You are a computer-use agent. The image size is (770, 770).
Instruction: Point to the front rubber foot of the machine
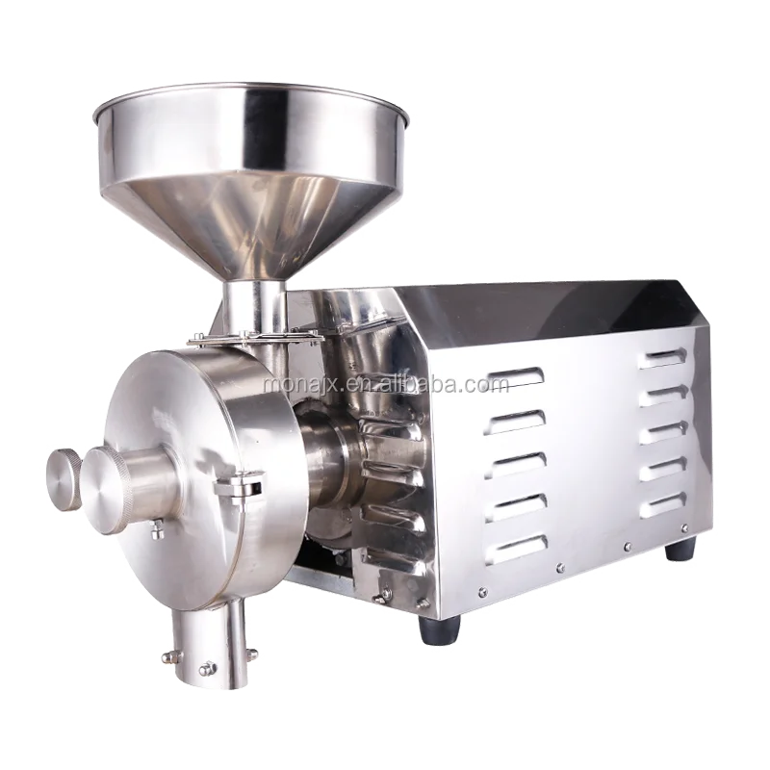point(440,629)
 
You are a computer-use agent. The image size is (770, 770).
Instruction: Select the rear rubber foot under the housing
point(680,549)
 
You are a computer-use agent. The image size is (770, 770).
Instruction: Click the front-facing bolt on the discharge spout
point(208,668)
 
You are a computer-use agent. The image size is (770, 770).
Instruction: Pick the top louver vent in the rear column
point(662,357)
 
